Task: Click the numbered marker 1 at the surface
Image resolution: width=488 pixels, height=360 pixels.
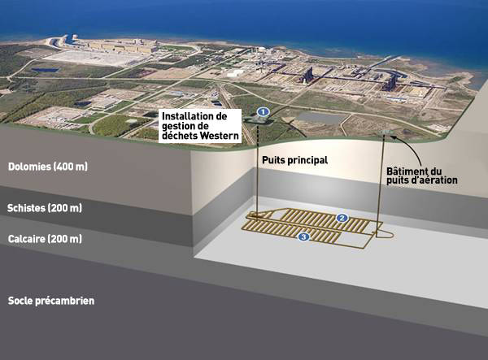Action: coord(263,111)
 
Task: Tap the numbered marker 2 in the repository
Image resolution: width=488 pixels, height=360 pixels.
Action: coord(342,218)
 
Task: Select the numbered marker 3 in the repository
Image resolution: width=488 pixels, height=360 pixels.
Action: coord(303,236)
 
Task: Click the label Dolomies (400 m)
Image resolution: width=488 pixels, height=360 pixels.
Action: coord(47,167)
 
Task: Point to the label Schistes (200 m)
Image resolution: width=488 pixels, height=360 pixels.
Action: coord(45,209)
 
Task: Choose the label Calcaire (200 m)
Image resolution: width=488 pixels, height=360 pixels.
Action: coord(45,239)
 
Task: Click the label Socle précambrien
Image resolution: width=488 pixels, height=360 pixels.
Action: coord(50,301)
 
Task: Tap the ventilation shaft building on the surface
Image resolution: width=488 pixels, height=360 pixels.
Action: coord(384,130)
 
